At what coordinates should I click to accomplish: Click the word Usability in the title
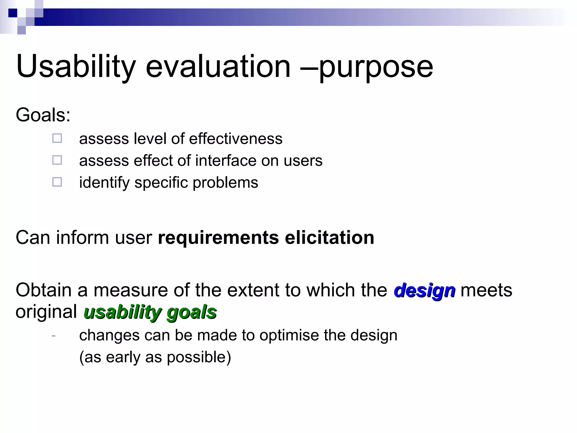point(76,67)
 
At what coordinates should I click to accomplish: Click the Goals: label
point(43,115)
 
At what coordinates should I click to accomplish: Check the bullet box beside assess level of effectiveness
point(57,138)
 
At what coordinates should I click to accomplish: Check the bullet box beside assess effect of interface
point(57,160)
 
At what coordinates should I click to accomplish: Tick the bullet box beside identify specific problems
point(57,182)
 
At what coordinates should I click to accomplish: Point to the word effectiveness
point(236,139)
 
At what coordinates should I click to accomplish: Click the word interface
point(226,161)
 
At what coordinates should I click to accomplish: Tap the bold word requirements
point(218,238)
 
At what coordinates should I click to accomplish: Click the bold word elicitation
point(329,238)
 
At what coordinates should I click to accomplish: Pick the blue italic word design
point(424,291)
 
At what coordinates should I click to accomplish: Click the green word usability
point(123,312)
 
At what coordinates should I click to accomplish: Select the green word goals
point(192,312)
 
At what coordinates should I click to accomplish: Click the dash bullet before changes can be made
point(54,335)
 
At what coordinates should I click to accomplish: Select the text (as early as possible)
point(155,357)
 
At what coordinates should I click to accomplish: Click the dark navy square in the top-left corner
point(13,13)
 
